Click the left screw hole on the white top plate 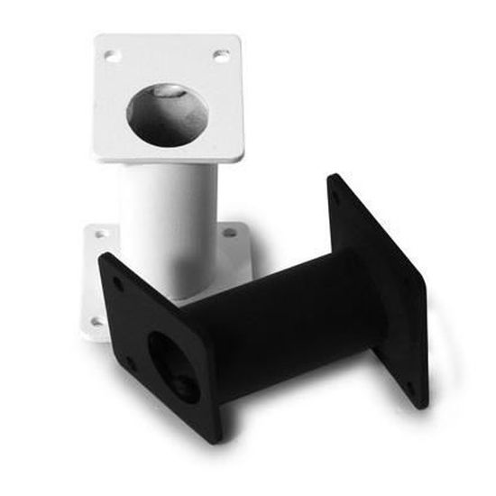(113, 56)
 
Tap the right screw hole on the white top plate (220, 55)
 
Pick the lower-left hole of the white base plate (96, 321)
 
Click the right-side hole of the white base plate (230, 233)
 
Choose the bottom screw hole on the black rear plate (411, 390)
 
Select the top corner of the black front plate (101, 254)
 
